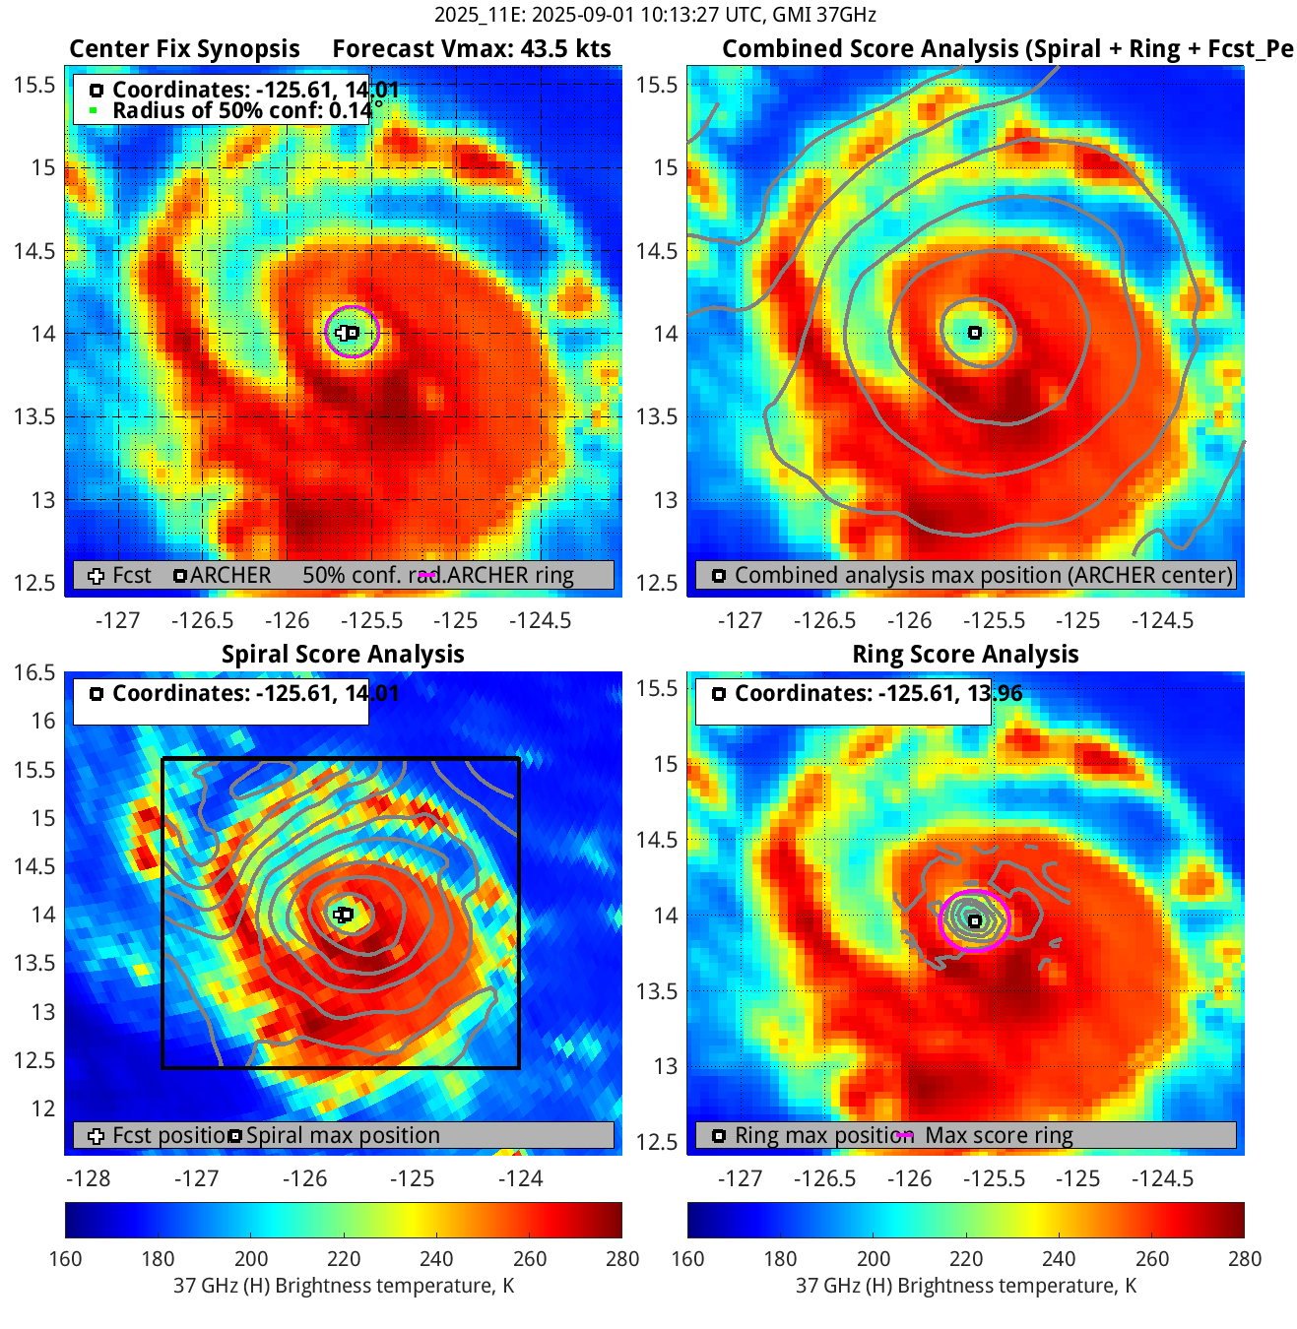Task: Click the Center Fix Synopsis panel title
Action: tap(184, 49)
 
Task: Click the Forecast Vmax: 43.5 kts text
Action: tap(471, 49)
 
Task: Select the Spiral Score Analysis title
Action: tap(343, 655)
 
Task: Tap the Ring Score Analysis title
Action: tap(965, 655)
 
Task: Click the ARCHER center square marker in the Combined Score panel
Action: tap(975, 333)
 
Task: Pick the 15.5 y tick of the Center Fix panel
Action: tap(34, 85)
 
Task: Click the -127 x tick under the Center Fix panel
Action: tap(117, 620)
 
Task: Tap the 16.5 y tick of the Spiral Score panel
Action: tap(34, 672)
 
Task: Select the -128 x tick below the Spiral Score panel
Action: tap(88, 1178)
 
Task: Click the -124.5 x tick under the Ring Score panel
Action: tap(1162, 1178)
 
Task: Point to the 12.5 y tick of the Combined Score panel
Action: tap(657, 583)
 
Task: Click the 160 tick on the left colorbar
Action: tap(65, 1259)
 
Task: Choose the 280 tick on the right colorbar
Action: tap(1244, 1259)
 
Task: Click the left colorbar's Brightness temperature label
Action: tap(344, 1286)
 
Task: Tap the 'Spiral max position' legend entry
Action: tap(343, 1135)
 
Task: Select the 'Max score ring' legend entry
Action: tap(999, 1135)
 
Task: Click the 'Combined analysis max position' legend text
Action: tap(983, 575)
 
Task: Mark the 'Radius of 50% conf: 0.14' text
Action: tap(241, 110)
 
